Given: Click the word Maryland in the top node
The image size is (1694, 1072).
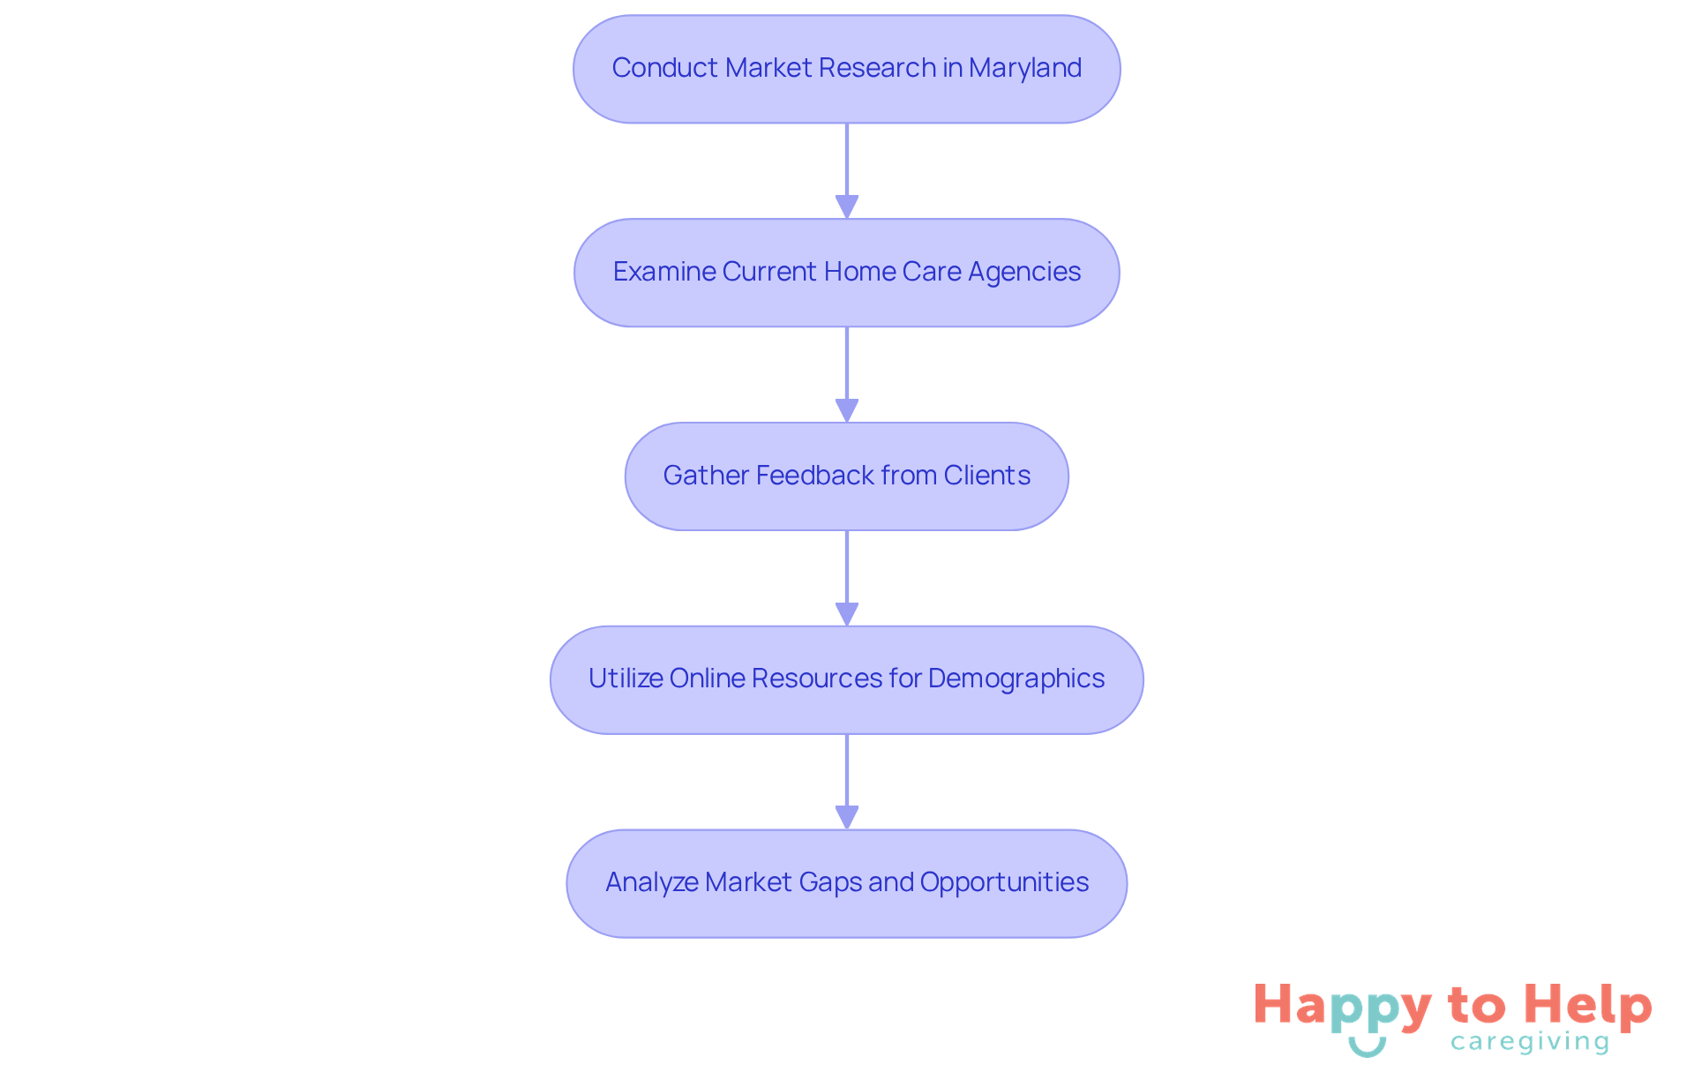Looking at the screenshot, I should (1024, 68).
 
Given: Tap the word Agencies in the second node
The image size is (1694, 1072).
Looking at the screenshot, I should (1024, 272).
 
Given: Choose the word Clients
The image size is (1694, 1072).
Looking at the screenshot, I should (986, 476).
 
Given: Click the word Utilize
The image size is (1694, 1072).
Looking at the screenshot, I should (626, 678).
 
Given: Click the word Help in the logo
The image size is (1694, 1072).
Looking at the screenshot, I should (1587, 1006).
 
